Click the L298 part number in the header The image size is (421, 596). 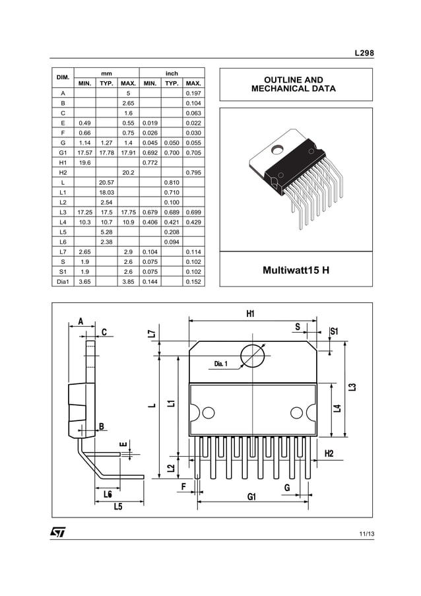364,53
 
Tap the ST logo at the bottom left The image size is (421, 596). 58,532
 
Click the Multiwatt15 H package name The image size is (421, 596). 296,271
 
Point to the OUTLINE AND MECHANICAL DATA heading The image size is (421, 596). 296,84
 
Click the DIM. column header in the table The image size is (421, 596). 63,78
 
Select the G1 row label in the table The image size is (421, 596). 63,152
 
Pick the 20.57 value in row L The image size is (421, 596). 106,182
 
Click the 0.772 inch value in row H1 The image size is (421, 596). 150,162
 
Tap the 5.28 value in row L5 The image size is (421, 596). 106,232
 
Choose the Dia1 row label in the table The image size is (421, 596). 63,282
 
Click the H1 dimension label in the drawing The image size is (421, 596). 250,314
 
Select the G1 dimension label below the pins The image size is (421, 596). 251,496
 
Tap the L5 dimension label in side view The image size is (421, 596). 118,506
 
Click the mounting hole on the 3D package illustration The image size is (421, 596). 278,149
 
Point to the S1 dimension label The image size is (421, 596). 334,331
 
